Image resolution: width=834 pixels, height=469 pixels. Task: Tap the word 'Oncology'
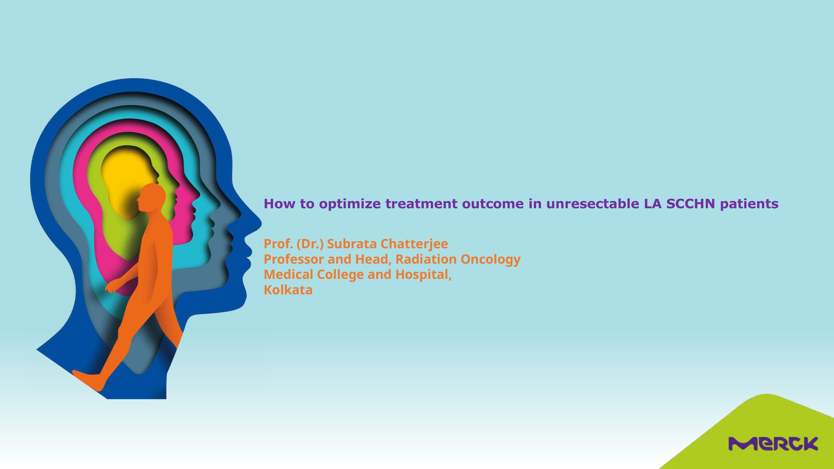(490, 260)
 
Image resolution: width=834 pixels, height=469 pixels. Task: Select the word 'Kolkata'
(288, 290)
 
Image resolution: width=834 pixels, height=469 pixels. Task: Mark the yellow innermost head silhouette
(128, 181)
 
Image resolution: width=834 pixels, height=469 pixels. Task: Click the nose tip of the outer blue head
(261, 223)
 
